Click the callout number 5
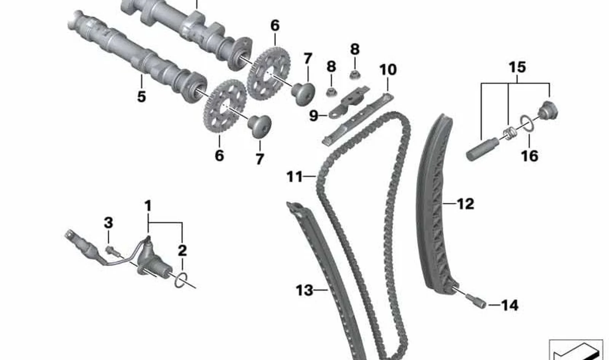tap(141, 97)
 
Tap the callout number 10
tap(388, 70)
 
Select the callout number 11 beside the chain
tap(295, 177)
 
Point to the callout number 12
tap(466, 204)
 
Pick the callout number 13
tap(304, 290)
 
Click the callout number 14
tap(510, 305)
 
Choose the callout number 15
tap(517, 67)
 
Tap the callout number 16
tap(529, 156)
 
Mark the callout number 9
tap(314, 116)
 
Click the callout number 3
tap(108, 223)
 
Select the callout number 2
tap(182, 250)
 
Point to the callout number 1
tap(148, 206)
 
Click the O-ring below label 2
tap(181, 280)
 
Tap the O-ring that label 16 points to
tap(527, 124)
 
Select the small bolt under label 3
tap(112, 251)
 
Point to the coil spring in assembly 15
tap(510, 133)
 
